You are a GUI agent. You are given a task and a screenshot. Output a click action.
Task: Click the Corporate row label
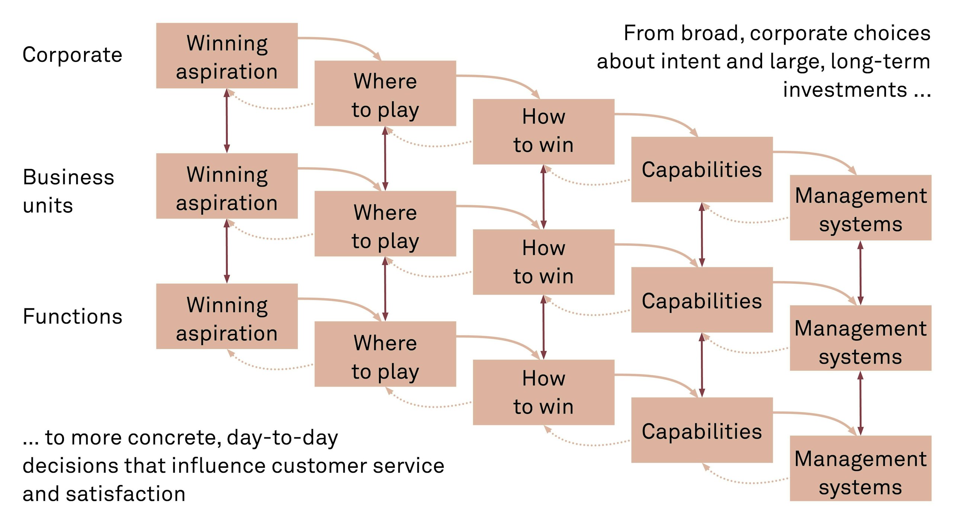click(x=72, y=55)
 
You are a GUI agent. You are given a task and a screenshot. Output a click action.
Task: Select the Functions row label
click(x=72, y=316)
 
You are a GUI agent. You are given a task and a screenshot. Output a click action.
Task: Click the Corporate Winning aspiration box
click(x=227, y=55)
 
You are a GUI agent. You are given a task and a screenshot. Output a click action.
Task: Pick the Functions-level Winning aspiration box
click(x=227, y=316)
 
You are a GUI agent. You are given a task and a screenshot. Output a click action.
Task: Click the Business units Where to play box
click(x=385, y=224)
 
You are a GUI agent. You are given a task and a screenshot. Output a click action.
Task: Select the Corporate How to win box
click(x=543, y=131)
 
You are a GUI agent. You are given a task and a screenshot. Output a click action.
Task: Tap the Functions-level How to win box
click(x=543, y=392)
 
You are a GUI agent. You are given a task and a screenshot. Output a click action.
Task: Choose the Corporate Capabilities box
click(x=701, y=169)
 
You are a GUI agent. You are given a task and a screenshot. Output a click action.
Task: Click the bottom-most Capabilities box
click(x=701, y=430)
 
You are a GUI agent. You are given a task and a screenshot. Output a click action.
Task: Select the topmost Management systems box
click(x=860, y=208)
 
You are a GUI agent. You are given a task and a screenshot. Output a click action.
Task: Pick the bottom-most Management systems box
click(x=860, y=468)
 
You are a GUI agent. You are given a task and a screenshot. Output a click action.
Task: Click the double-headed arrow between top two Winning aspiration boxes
click(x=227, y=121)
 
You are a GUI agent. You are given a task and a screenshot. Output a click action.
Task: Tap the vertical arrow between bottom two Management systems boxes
click(x=860, y=403)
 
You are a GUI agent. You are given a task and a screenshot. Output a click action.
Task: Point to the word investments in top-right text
click(x=845, y=90)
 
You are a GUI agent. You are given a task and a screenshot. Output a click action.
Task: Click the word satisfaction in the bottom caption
click(x=126, y=494)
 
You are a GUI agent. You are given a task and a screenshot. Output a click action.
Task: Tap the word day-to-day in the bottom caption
click(x=282, y=438)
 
